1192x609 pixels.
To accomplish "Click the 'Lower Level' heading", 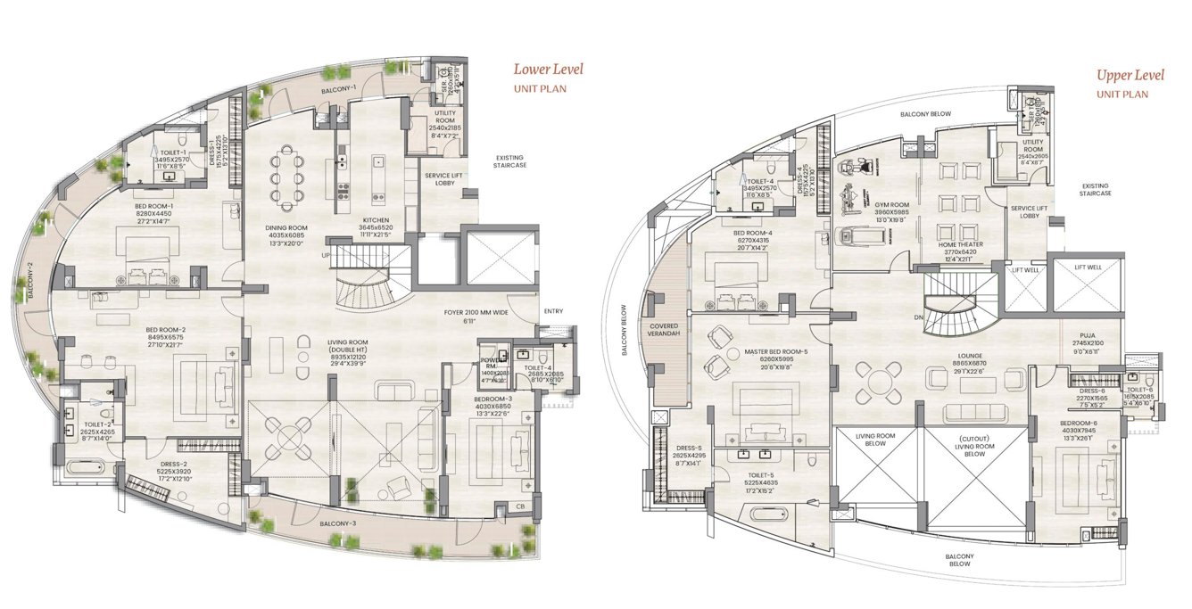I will (x=548, y=69).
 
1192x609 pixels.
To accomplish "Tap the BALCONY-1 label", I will (x=338, y=88).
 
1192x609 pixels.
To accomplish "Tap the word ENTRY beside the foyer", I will (x=553, y=311).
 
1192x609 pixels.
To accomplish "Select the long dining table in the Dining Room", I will (x=286, y=177).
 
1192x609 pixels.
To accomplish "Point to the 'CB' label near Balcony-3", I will (x=520, y=506).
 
